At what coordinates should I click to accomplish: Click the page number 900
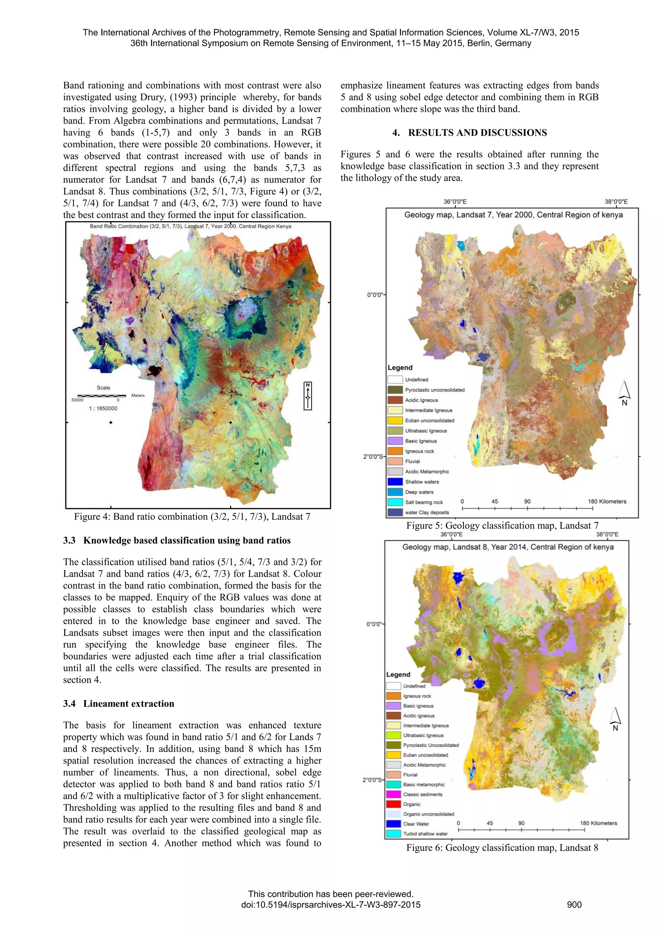pos(574,905)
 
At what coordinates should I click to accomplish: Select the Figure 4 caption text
pos(192,516)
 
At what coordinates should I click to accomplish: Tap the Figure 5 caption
pos(502,526)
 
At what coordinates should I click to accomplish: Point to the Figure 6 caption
pos(502,847)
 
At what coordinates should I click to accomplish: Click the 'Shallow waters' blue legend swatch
pos(395,482)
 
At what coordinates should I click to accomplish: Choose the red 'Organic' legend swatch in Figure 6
pos(393,804)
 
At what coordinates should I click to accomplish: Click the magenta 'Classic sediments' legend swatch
pos(393,794)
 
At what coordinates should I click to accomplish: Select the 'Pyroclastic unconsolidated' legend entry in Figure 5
pos(434,390)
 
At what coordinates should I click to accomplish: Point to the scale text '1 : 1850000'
pos(103,408)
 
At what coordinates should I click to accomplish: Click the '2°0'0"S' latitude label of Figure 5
pos(373,457)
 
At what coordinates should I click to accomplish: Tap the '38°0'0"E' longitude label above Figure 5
pos(616,201)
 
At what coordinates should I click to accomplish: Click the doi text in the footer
pos(331,905)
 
